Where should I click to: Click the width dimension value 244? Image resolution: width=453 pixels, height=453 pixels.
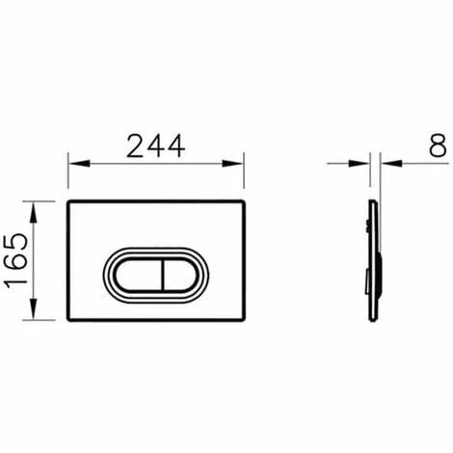point(154,146)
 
